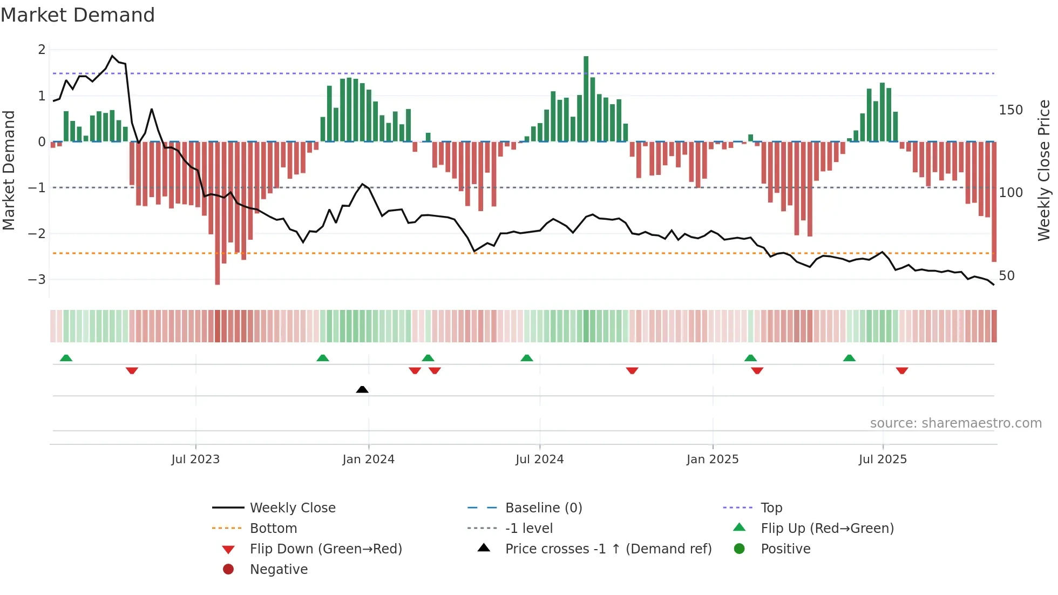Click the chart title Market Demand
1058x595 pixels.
[78, 15]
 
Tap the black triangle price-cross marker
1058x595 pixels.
[362, 389]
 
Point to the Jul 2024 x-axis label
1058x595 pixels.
[539, 459]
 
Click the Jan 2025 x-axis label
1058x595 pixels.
[713, 459]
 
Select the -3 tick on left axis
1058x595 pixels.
[37, 280]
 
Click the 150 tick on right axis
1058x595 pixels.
[1010, 110]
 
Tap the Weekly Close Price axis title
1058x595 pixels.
[1044, 170]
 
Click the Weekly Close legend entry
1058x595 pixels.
[292, 508]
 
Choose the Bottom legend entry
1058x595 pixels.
[273, 529]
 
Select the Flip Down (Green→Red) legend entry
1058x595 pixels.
[325, 549]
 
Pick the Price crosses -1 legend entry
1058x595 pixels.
[608, 549]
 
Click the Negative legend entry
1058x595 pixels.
[279, 570]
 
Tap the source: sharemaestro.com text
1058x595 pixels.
[955, 423]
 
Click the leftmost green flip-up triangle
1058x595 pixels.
[66, 358]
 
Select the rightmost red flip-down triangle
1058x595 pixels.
[902, 370]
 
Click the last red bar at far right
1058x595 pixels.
[994, 202]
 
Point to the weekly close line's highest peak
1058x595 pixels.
[112, 56]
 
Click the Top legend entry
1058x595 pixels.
[771, 508]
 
